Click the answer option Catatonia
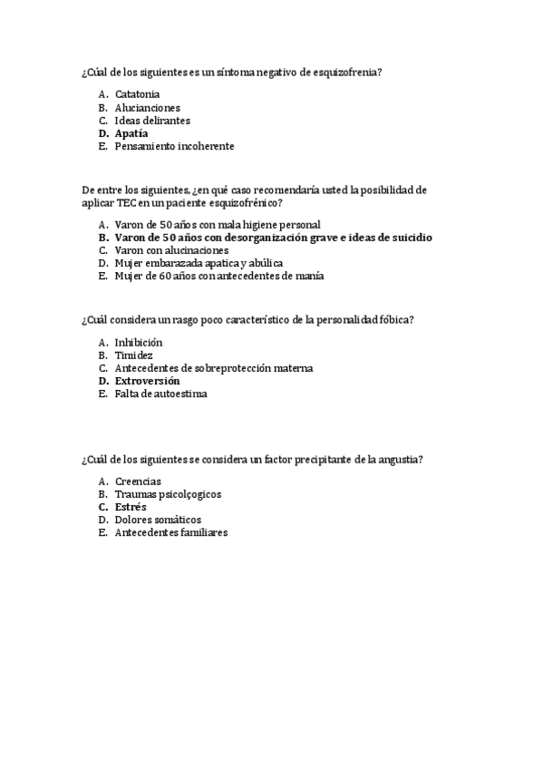138,93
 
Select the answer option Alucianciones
148,107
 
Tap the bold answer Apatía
131,133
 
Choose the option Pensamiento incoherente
174,146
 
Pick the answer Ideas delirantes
152,120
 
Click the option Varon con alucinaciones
171,250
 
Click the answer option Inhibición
139,342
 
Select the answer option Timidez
133,355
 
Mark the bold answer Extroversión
147,381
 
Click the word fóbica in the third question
395,319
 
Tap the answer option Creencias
139,481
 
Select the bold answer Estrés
131,507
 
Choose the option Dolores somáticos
158,520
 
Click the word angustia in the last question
401,460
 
